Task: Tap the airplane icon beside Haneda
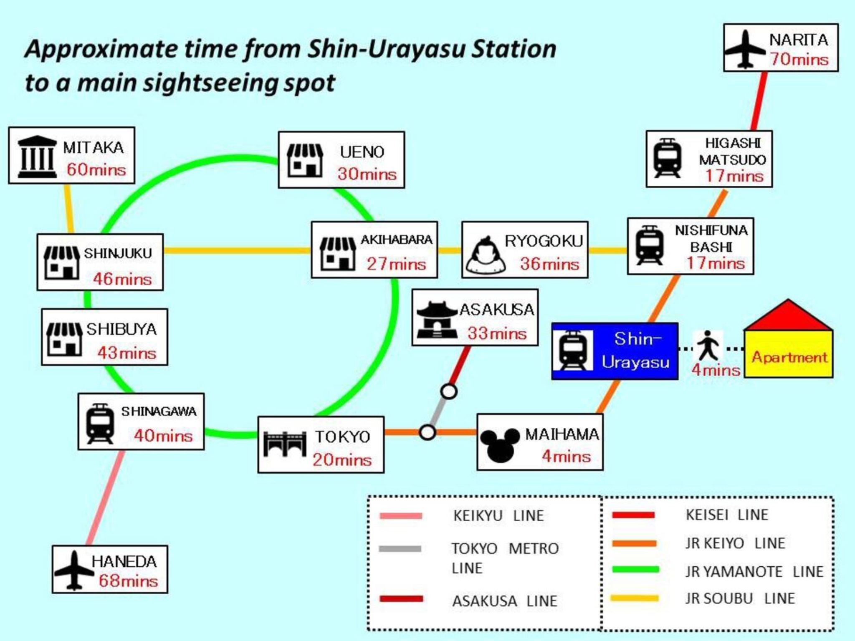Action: (x=74, y=570)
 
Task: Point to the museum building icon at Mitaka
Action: (x=37, y=157)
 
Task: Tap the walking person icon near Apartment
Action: (x=707, y=346)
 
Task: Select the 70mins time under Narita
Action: (x=799, y=59)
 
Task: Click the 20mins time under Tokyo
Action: (x=342, y=460)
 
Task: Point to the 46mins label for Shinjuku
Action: (x=122, y=279)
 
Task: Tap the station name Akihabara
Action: (x=396, y=240)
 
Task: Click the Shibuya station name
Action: (x=121, y=329)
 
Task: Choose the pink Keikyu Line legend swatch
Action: (x=400, y=516)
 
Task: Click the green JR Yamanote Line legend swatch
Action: (x=635, y=570)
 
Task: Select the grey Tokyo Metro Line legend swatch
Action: (x=400, y=549)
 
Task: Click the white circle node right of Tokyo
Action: (x=427, y=432)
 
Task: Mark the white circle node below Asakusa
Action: (x=449, y=391)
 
